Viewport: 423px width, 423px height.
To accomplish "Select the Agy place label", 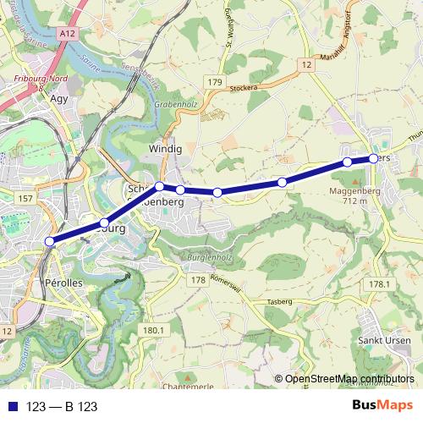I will coord(59,99).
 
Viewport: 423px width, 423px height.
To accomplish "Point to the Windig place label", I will coord(165,150).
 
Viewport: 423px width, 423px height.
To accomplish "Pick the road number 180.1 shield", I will coord(153,330).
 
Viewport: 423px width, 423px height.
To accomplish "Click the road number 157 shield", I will coord(25,198).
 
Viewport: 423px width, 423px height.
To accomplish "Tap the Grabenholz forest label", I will coord(174,104).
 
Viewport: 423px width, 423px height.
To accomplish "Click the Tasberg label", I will coord(279,302).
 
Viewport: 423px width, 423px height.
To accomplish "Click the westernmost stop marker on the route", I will coord(49,242).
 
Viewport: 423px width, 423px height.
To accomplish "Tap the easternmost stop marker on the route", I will coord(373,158).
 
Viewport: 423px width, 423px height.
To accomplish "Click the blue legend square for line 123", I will coord(12,407).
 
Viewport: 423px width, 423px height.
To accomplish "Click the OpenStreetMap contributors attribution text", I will coord(349,379).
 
